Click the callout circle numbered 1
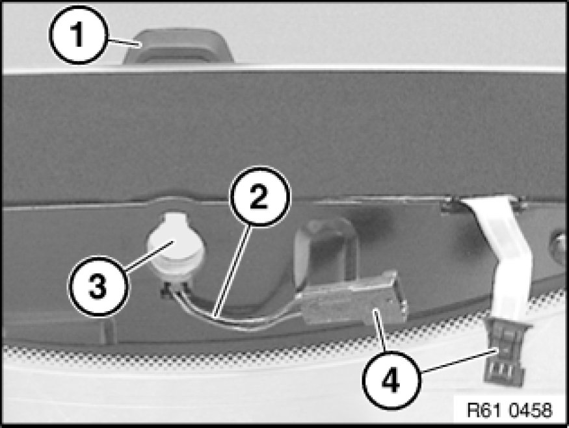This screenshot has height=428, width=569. pyautogui.click(x=79, y=35)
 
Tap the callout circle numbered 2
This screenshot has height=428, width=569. pyautogui.click(x=259, y=196)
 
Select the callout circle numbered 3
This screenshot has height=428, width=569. pyautogui.click(x=98, y=286)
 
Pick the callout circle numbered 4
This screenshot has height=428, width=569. pyautogui.click(x=392, y=381)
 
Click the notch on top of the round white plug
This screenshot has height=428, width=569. pyautogui.click(x=174, y=220)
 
